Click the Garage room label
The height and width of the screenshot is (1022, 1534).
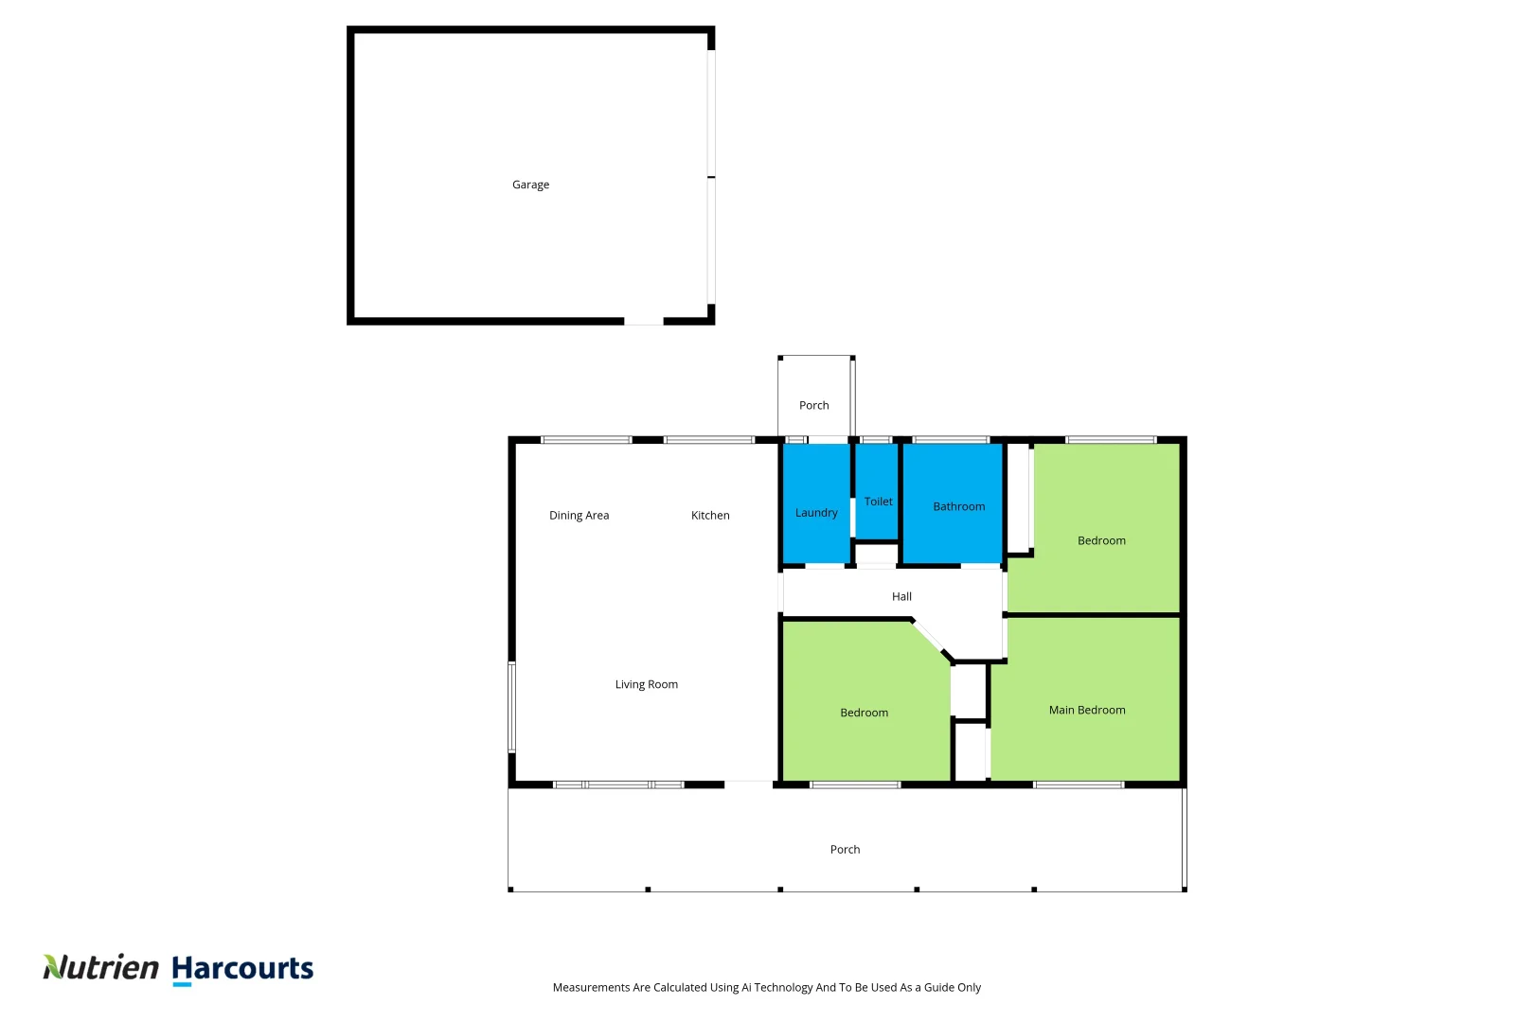[x=530, y=185]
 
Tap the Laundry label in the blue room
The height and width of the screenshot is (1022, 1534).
[x=816, y=513]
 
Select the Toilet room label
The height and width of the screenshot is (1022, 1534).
[x=878, y=502]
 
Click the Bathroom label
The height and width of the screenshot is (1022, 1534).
[x=958, y=506]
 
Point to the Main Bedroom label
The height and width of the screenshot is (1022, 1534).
[x=1087, y=710]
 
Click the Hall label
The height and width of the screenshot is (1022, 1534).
[x=901, y=596]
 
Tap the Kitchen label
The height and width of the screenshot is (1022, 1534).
[x=710, y=515]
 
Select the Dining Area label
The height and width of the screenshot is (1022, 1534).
[x=579, y=515]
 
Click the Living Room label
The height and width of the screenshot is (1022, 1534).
[x=646, y=684]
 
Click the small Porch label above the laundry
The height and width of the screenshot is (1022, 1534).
[x=813, y=405]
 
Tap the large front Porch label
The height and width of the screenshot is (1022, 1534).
[x=845, y=849]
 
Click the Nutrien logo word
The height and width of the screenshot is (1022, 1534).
[x=101, y=967]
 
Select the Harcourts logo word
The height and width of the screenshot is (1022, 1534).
[x=242, y=968]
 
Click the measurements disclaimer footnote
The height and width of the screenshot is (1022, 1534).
[x=766, y=987]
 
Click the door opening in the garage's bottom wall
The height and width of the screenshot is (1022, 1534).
[x=644, y=322]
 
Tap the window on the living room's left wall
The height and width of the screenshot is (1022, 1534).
[x=512, y=707]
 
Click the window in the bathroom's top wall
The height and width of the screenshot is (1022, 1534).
[x=951, y=440]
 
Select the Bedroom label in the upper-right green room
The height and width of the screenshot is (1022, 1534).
[x=1101, y=540]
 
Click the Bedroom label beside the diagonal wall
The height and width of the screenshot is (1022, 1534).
[x=864, y=713]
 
